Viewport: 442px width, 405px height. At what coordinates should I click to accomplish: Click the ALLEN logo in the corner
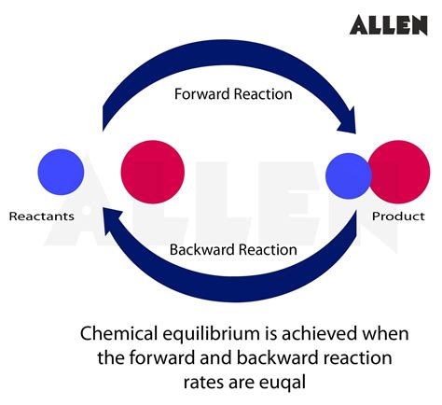click(x=388, y=24)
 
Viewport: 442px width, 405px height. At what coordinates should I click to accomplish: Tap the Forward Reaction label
click(x=233, y=94)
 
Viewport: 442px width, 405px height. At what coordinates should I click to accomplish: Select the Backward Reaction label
click(x=233, y=249)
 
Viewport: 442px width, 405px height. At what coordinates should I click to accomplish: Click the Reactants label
click(x=42, y=216)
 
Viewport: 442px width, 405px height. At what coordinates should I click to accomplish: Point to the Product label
click(x=398, y=216)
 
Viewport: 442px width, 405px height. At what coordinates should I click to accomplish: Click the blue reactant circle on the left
click(x=61, y=171)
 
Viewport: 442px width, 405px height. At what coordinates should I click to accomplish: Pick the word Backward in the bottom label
click(x=202, y=249)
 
